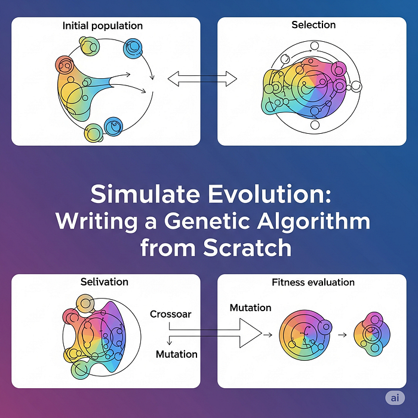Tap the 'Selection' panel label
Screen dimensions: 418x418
coord(314,25)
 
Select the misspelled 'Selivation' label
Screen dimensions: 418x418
coord(105,281)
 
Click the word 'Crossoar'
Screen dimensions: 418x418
coord(171,314)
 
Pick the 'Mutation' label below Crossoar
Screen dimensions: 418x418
coord(176,354)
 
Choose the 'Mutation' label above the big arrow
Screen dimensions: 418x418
coord(251,308)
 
